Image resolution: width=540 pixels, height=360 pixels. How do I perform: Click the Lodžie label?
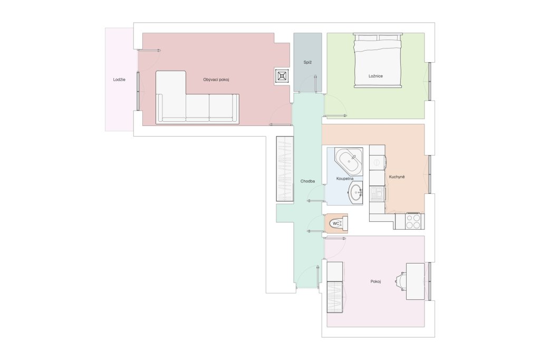[119, 80]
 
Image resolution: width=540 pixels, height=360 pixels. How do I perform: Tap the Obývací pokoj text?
[216, 80]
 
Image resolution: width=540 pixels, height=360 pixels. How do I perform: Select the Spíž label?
[307, 62]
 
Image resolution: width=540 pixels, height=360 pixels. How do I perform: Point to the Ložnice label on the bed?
[375, 76]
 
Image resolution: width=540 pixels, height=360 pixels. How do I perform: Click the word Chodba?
[307, 181]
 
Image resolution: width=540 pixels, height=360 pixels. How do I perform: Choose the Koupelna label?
[345, 179]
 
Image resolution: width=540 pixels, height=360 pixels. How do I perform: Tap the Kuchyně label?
[397, 177]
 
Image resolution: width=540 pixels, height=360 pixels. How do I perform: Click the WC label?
[336, 223]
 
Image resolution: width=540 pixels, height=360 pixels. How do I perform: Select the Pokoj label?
[375, 281]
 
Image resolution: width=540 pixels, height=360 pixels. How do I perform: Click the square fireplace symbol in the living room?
[283, 76]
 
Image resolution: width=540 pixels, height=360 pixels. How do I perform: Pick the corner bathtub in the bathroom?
[349, 161]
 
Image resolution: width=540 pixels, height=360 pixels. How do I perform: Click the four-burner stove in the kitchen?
[413, 221]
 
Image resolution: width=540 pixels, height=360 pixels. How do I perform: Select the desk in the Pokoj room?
[415, 281]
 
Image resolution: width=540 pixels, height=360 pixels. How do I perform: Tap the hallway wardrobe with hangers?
[285, 169]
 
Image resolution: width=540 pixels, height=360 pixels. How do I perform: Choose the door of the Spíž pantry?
[316, 84]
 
